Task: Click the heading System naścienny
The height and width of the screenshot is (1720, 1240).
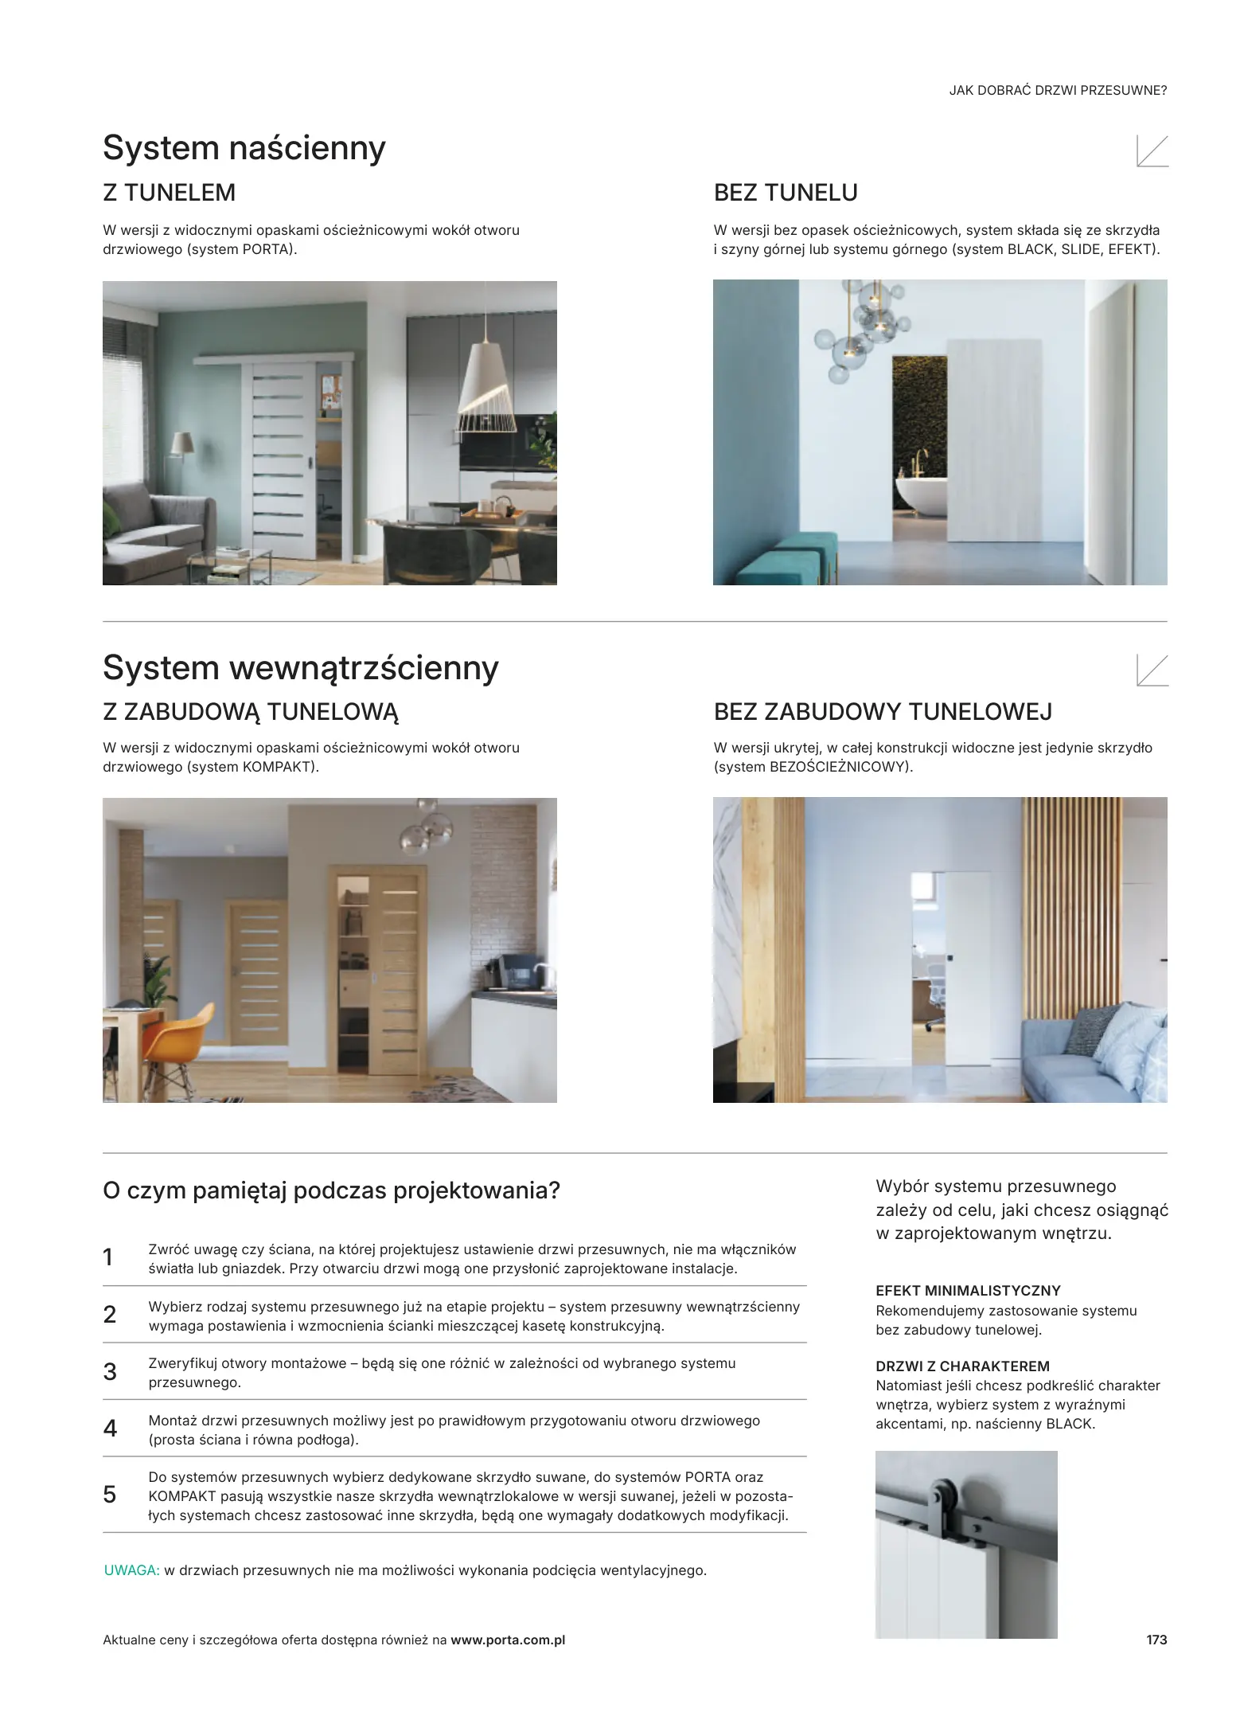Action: (x=244, y=148)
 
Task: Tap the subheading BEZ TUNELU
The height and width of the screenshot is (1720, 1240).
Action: (x=786, y=193)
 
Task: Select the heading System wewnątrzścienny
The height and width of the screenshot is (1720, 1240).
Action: (x=300, y=667)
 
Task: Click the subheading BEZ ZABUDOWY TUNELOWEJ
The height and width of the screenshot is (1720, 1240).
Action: (x=883, y=711)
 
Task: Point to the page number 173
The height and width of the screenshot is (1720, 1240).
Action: (x=1156, y=1640)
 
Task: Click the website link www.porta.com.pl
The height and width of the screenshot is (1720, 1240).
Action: (x=508, y=1640)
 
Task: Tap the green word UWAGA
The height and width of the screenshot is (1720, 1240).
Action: (x=132, y=1570)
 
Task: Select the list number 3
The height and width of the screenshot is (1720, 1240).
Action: (x=110, y=1372)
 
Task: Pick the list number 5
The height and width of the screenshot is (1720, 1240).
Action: (x=110, y=1495)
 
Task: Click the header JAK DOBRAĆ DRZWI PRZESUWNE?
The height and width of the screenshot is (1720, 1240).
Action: (x=1058, y=91)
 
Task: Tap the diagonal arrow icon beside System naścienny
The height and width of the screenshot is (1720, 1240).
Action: (x=1152, y=151)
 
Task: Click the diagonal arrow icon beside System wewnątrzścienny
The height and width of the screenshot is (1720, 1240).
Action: (x=1152, y=670)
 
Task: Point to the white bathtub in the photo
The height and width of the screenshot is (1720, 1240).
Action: (x=921, y=494)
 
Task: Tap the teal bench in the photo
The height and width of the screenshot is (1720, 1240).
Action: (x=786, y=557)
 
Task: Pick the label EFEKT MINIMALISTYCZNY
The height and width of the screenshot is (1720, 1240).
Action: (x=968, y=1291)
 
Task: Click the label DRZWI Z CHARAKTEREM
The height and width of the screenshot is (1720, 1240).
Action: (x=962, y=1366)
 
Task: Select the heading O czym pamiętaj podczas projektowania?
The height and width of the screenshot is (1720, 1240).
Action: (x=331, y=1190)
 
